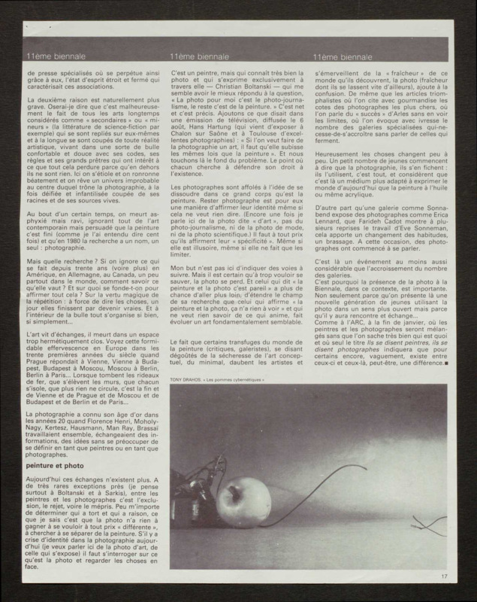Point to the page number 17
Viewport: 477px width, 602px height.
coord(445,577)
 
